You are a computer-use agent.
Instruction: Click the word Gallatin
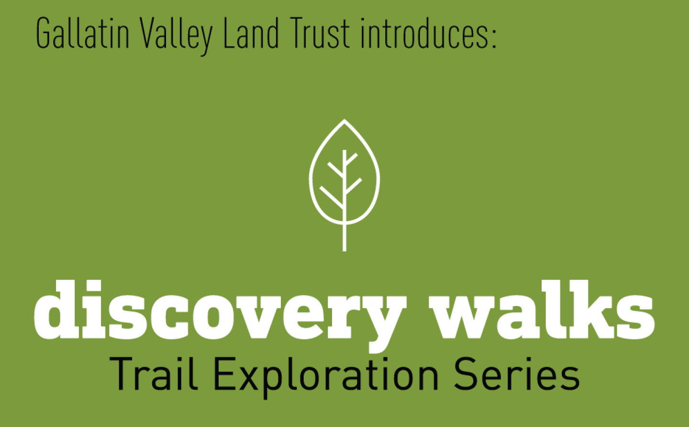(82, 33)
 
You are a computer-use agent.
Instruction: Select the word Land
(251, 33)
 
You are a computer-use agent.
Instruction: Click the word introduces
(424, 33)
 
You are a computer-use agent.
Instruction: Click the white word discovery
(220, 316)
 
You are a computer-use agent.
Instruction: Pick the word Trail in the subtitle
(154, 373)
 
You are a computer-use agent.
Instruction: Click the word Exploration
(326, 377)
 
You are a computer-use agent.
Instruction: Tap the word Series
(517, 373)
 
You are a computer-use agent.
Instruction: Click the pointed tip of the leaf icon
(344, 120)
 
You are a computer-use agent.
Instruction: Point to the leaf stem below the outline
(344, 237)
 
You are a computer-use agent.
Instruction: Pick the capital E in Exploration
(225, 373)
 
